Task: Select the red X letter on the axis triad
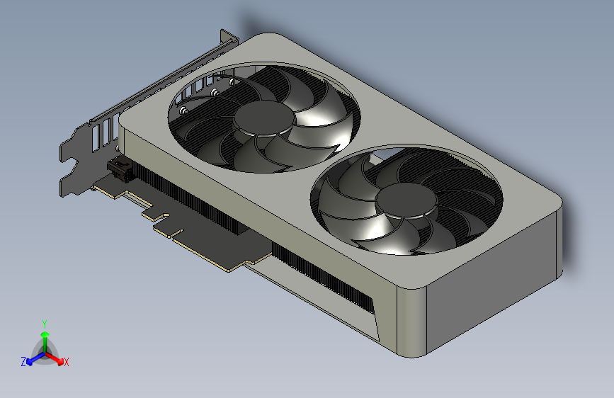(x=67, y=363)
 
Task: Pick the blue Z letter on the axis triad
(x=23, y=362)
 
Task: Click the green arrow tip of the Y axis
(x=44, y=334)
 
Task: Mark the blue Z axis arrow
(x=32, y=360)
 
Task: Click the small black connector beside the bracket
(x=120, y=171)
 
